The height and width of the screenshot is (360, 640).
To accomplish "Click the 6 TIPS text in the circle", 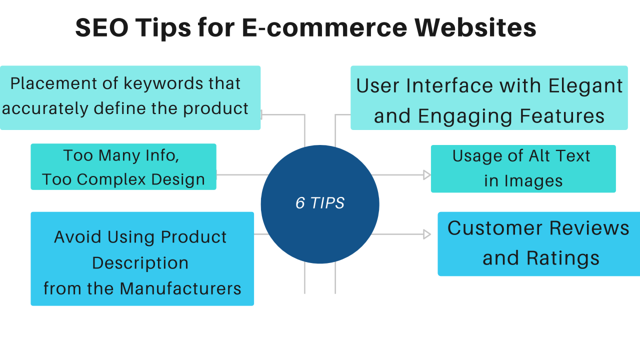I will click(320, 203).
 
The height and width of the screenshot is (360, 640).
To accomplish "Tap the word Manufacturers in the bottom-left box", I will click(180, 288).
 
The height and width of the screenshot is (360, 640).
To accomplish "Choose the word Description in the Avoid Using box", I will click(140, 263).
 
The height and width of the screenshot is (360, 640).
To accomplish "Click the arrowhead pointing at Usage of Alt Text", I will click(426, 175).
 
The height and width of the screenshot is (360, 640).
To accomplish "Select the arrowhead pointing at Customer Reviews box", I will click(426, 234).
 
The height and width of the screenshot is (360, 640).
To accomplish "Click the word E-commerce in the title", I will click(324, 28).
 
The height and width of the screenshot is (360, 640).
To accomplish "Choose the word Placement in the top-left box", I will click(45, 83).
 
